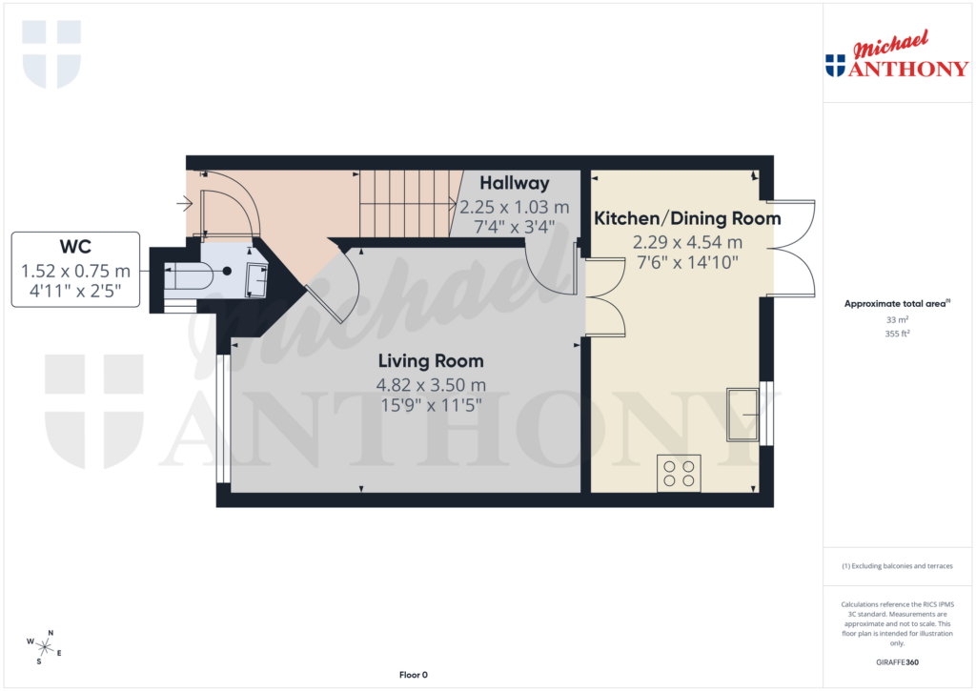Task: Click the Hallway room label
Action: pyautogui.click(x=515, y=183)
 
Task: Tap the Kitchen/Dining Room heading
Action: pyautogui.click(x=687, y=218)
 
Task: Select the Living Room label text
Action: pyautogui.click(x=431, y=361)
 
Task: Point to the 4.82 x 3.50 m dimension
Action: pyautogui.click(x=431, y=385)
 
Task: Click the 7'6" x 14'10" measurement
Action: pyautogui.click(x=687, y=262)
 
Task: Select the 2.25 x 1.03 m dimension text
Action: pyautogui.click(x=515, y=206)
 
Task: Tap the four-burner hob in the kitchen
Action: pyautogui.click(x=679, y=474)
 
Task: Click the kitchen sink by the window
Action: pyautogui.click(x=742, y=414)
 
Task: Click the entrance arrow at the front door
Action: pyautogui.click(x=184, y=202)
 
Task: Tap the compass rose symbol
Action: pyautogui.click(x=45, y=647)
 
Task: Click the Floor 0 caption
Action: pyautogui.click(x=413, y=675)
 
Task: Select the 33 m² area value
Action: pyautogui.click(x=897, y=320)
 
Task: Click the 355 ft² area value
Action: pyautogui.click(x=897, y=335)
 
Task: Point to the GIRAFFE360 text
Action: pyautogui.click(x=897, y=661)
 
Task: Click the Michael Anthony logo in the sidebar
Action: pyautogui.click(x=897, y=56)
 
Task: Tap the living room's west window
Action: pyautogui.click(x=223, y=418)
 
